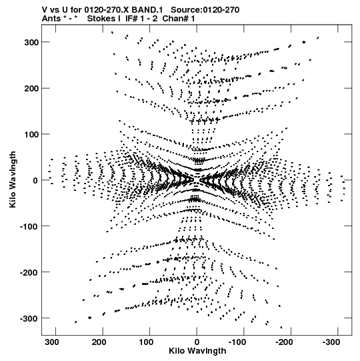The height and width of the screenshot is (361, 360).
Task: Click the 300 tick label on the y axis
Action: [31, 42]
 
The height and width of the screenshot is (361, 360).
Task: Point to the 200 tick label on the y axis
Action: [31, 88]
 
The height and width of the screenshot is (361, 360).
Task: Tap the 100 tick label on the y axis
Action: [31, 134]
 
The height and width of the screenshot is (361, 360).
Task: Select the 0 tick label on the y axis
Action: [35, 180]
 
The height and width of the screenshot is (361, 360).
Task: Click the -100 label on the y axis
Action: [29, 226]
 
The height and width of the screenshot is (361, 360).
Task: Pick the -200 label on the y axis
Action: [29, 272]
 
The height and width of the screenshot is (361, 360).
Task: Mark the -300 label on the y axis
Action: [29, 318]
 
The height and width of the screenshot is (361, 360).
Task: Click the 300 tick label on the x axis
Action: [52, 342]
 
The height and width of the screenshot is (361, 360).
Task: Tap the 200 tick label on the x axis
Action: [99, 342]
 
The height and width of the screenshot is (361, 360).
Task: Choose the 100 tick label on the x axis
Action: [146, 342]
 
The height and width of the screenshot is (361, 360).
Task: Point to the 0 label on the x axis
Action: [197, 342]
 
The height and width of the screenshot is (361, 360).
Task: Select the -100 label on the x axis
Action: [237, 342]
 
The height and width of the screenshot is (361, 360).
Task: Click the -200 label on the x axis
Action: [284, 342]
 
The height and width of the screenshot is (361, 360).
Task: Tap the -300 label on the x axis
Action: [331, 342]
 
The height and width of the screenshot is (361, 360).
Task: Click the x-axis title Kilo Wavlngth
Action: [197, 351]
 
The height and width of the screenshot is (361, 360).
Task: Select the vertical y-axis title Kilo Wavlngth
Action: [13, 179]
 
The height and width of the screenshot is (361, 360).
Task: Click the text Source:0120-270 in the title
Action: [205, 10]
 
